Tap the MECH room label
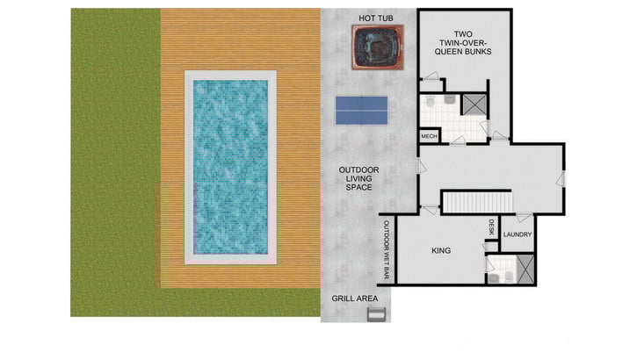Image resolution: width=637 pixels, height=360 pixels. point(429,136)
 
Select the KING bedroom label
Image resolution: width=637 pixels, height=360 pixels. point(441,251)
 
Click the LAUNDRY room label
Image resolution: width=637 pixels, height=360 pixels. point(518,234)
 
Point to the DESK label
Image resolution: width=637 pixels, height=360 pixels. point(492,227)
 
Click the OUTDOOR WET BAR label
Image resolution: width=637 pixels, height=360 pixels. point(386,249)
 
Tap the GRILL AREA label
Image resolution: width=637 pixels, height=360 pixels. point(354,299)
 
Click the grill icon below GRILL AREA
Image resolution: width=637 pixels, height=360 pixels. point(375,314)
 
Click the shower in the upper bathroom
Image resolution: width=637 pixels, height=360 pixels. point(475,104)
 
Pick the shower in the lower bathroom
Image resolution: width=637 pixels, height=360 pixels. point(525,268)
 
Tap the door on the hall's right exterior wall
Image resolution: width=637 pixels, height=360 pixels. point(561,178)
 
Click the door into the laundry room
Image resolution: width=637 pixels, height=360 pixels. point(524,218)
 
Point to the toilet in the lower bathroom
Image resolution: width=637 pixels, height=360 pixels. point(494,277)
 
